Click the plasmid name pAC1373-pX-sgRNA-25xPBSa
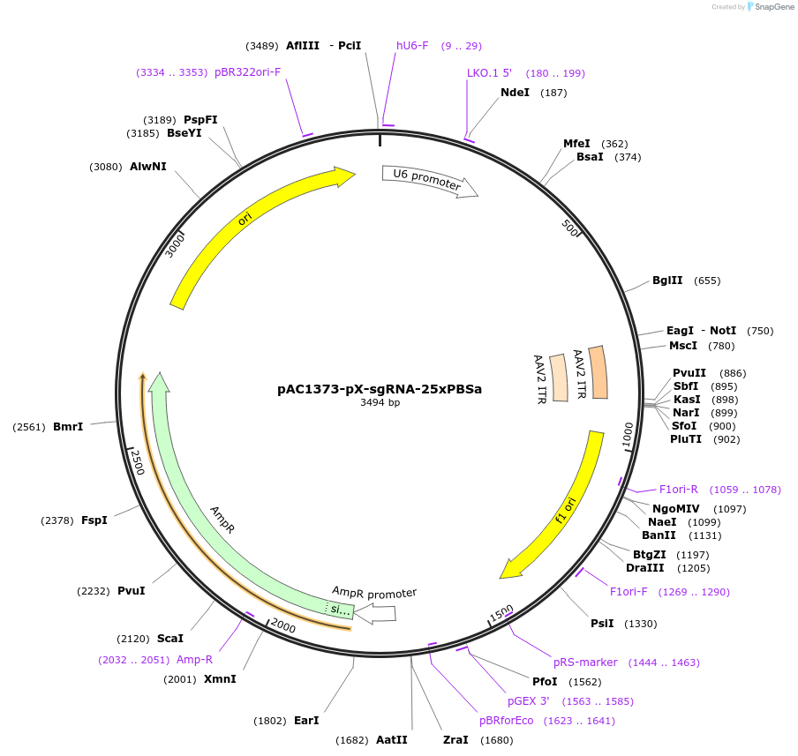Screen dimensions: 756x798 [380, 388]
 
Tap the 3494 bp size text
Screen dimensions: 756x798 [380, 403]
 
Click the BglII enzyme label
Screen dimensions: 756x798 [667, 281]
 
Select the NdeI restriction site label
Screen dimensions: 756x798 [515, 92]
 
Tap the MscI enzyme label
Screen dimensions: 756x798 [682, 346]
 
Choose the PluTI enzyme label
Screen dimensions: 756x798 [686, 439]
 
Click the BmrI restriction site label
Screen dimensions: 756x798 [68, 427]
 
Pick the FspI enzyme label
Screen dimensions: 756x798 [94, 520]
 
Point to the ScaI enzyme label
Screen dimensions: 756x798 [170, 638]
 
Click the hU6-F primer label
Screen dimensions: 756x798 [412, 46]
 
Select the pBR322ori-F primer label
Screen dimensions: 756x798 [247, 71]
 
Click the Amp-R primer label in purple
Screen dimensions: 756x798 [194, 659]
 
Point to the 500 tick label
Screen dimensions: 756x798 [570, 228]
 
